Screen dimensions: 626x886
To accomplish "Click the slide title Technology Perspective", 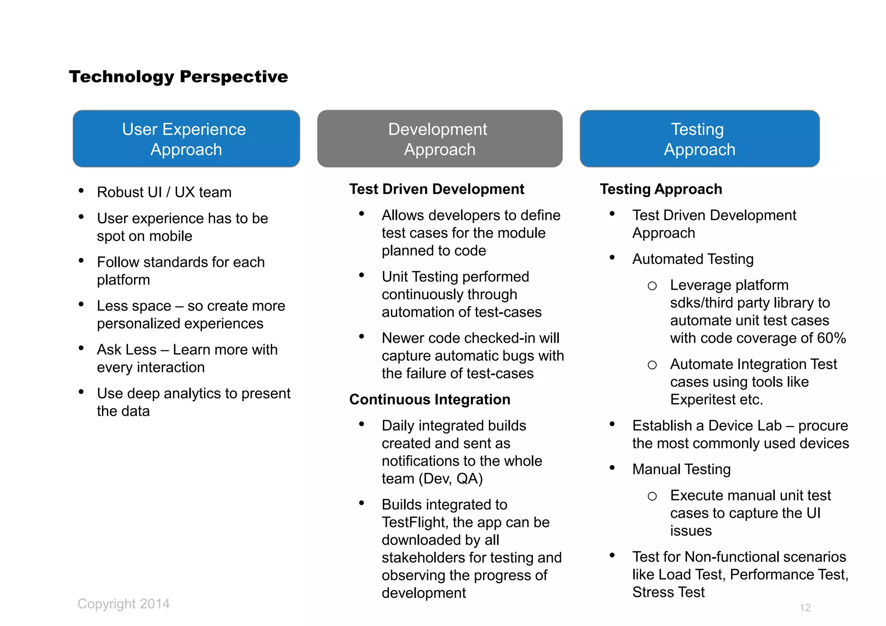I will (178, 77).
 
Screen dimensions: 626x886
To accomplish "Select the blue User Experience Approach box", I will (186, 139).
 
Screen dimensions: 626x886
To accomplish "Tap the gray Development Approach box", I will (440, 139).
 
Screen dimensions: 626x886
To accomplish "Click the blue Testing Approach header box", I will (699, 139).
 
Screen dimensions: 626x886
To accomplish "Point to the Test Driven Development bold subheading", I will (437, 189).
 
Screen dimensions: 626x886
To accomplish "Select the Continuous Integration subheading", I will (430, 399).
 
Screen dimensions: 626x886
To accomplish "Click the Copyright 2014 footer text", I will (124, 604).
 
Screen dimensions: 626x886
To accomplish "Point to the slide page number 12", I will (805, 607).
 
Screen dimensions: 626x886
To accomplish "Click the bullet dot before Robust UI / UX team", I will (81, 191).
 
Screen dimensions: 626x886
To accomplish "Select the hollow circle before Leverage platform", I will (652, 286).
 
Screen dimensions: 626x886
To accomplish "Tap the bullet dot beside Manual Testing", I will (612, 468).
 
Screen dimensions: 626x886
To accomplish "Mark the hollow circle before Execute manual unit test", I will (652, 496).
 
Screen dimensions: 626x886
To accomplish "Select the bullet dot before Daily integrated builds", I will (362, 424).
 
